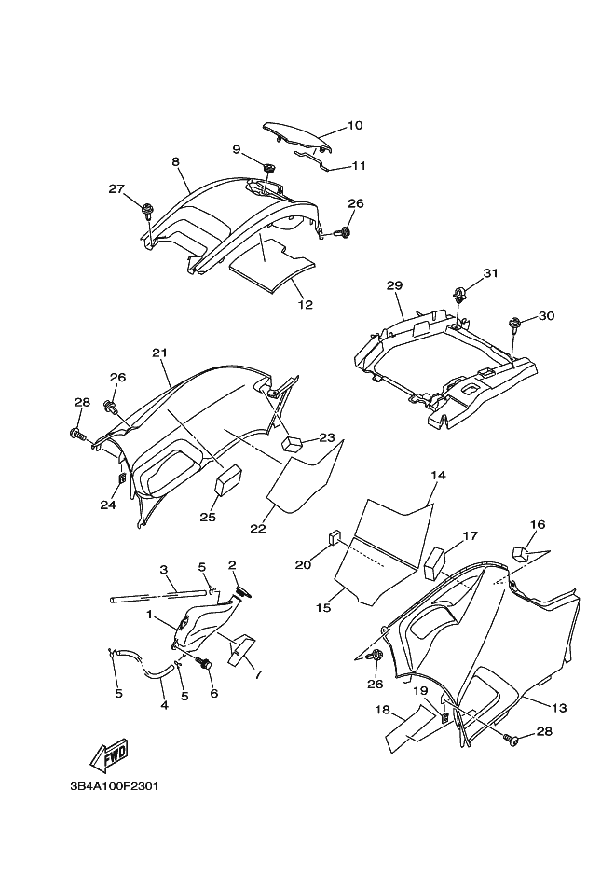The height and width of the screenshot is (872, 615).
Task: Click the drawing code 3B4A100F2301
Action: pyautogui.click(x=114, y=786)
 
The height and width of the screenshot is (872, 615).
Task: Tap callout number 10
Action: pyautogui.click(x=329, y=125)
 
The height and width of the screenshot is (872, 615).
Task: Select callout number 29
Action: pyautogui.click(x=394, y=284)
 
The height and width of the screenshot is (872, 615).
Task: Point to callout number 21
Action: pyautogui.click(x=159, y=353)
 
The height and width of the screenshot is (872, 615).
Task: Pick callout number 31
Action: pyautogui.click(x=491, y=273)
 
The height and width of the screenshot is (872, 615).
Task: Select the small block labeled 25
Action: pyautogui.click(x=228, y=481)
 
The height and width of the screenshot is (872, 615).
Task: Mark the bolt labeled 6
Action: pyautogui.click(x=206, y=664)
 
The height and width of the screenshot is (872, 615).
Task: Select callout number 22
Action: pyautogui.click(x=257, y=529)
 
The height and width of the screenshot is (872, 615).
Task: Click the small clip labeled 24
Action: pyautogui.click(x=122, y=478)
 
